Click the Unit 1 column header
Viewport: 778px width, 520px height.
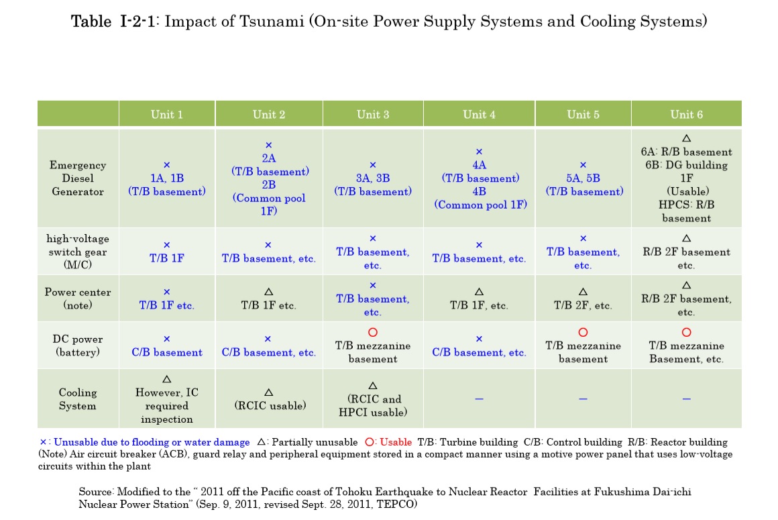(166, 114)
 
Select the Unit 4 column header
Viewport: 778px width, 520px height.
(479, 114)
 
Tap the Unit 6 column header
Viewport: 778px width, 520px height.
(686, 114)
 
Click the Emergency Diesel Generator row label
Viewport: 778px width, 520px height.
(78, 178)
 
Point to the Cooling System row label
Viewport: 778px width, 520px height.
(78, 399)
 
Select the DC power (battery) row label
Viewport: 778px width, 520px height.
(78, 346)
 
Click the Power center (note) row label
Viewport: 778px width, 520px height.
(78, 299)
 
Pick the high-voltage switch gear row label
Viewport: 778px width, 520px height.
(78, 252)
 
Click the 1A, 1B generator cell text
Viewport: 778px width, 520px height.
(166, 178)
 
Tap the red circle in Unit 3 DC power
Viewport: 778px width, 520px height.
(373, 332)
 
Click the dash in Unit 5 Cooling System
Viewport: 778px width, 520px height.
(583, 399)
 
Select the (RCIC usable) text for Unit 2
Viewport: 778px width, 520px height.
(268, 405)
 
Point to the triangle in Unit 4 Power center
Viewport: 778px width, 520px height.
(479, 292)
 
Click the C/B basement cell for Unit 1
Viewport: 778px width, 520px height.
(166, 352)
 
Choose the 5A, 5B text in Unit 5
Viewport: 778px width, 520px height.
(583, 178)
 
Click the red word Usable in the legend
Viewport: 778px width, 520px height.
(396, 442)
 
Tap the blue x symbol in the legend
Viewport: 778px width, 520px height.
(44, 442)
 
